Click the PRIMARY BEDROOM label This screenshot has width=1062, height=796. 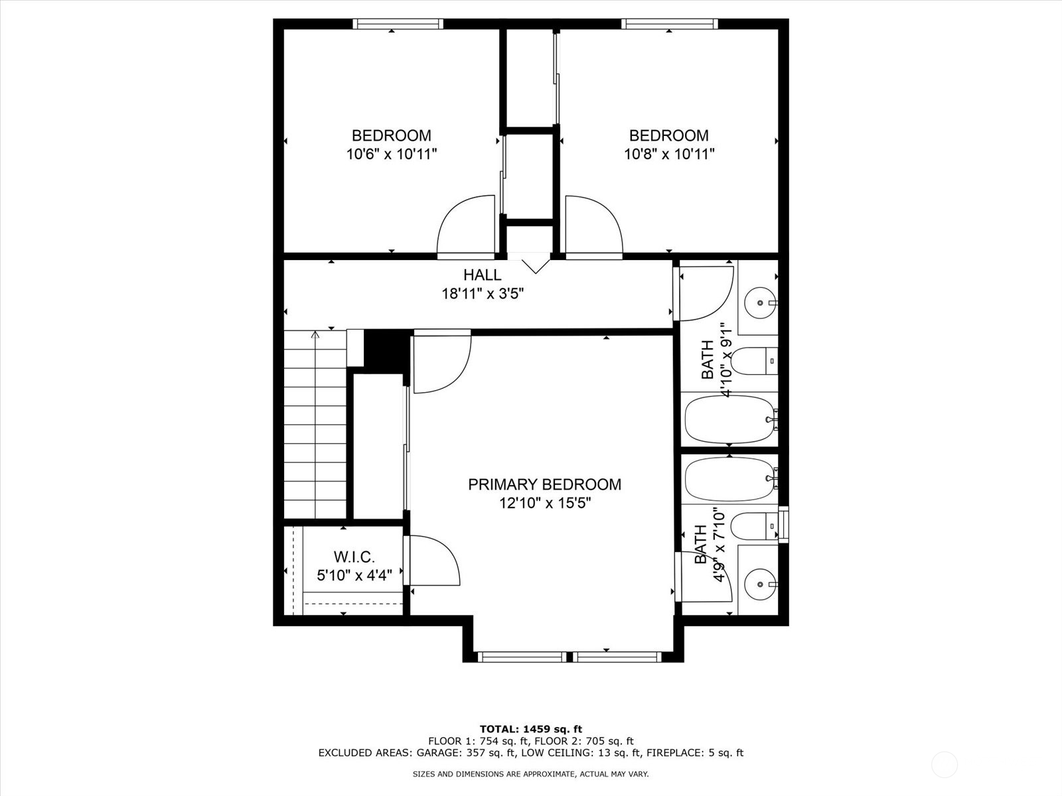tap(544, 484)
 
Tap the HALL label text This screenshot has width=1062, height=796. tap(483, 275)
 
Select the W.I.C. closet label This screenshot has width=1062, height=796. tap(354, 557)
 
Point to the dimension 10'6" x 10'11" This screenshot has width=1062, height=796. tap(392, 154)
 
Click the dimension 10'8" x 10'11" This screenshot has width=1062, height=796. tap(669, 154)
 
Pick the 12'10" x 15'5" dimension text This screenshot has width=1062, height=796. tap(546, 503)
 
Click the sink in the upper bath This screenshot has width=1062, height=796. tap(761, 302)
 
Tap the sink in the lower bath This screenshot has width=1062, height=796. tap(761, 584)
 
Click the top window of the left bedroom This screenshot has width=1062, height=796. tap(398, 24)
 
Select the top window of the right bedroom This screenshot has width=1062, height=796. tap(670, 24)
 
